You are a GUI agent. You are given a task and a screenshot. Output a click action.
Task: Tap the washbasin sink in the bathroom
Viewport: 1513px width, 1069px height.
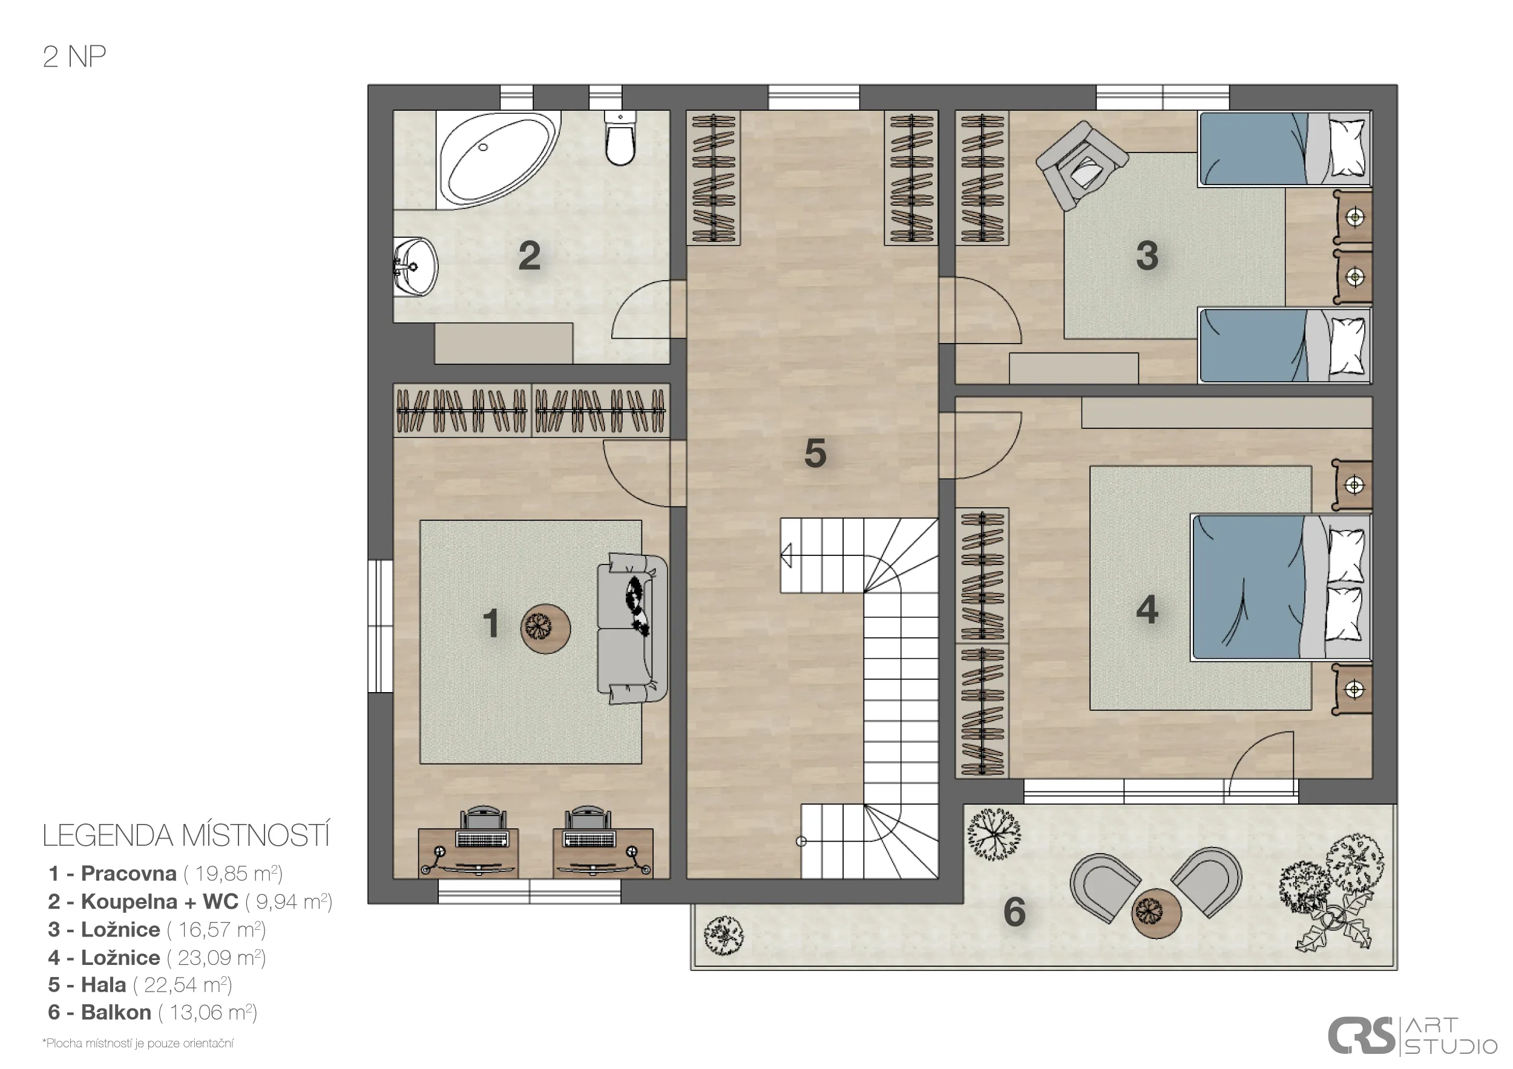[x=415, y=267]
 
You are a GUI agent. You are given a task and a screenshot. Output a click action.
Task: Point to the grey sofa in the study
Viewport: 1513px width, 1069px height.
[x=632, y=629]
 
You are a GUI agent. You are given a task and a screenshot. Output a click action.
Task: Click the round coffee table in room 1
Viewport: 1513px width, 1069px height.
[x=546, y=629]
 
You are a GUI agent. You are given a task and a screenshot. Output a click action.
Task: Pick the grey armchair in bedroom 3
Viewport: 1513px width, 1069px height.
[x=1081, y=165]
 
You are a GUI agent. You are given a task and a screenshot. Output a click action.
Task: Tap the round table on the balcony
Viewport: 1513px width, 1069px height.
[x=1157, y=914]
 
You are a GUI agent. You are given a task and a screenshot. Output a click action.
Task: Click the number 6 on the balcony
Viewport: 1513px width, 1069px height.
[x=1014, y=912]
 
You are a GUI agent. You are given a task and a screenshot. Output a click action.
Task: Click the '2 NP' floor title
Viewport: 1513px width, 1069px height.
[x=74, y=57]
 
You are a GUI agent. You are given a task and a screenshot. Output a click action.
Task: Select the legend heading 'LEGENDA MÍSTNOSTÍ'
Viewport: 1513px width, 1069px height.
[x=186, y=836]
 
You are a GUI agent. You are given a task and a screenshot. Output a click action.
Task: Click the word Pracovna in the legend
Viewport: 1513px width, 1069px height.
[x=128, y=874]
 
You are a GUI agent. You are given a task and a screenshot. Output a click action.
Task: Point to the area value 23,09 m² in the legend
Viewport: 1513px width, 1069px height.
[x=222, y=957]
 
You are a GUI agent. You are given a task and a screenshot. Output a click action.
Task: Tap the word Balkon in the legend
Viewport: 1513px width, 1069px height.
[x=116, y=1012]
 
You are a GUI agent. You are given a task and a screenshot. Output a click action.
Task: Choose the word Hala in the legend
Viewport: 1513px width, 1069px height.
[x=103, y=985]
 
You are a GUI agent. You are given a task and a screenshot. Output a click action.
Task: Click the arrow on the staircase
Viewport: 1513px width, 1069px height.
[x=786, y=555]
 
